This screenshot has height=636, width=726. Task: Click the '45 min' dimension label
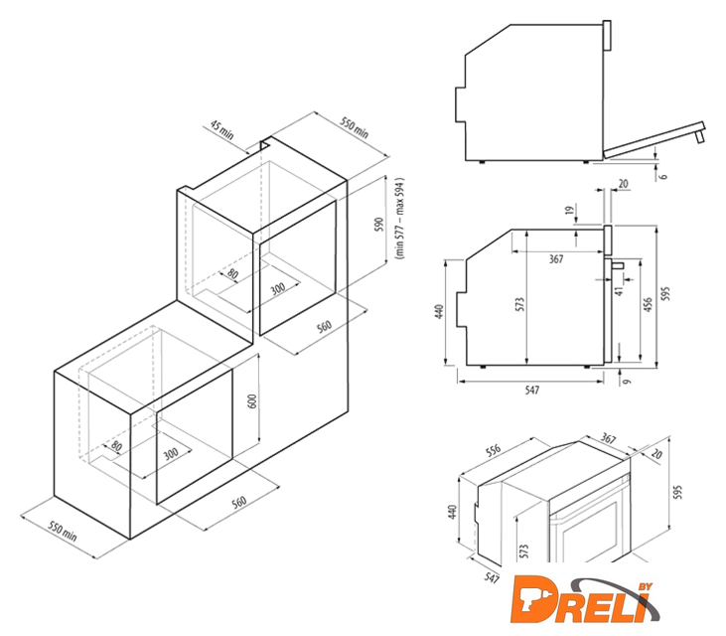222,130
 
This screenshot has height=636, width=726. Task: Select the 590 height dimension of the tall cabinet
379,225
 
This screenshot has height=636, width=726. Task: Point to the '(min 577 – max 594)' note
400,218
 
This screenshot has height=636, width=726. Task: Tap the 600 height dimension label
252,400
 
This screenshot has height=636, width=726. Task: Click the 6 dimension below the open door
664,176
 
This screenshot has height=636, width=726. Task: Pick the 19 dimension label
570,209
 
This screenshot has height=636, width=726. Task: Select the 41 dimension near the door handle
620,290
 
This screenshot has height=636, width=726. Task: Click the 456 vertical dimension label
648,304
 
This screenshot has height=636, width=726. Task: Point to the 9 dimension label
627,382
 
